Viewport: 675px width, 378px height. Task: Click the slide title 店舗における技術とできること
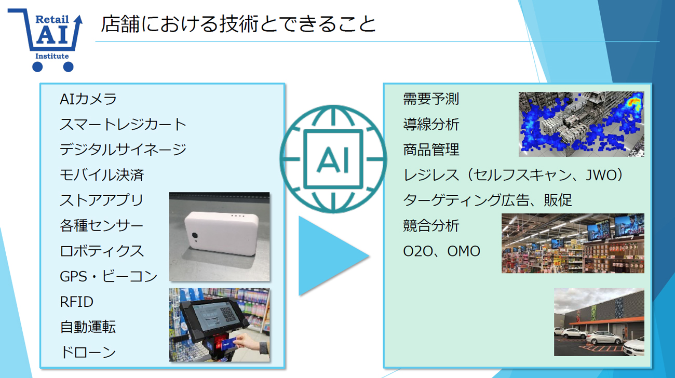pyautogui.click(x=238, y=24)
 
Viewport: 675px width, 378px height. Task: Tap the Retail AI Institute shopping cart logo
pyautogui.click(x=45, y=40)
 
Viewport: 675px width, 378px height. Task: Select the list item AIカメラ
pyautogui.click(x=88, y=99)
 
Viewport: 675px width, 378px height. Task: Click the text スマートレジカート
pyautogui.click(x=123, y=124)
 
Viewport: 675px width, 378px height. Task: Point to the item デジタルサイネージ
pyautogui.click(x=123, y=150)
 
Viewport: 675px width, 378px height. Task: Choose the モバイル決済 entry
pyautogui.click(x=102, y=175)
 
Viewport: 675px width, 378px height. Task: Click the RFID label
pyautogui.click(x=76, y=302)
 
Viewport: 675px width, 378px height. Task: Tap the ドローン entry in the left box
pyautogui.click(x=88, y=352)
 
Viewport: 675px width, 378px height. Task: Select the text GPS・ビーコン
pyautogui.click(x=109, y=276)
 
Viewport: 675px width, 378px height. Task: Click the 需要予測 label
pyautogui.click(x=431, y=99)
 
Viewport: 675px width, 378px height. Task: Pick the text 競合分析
pyautogui.click(x=431, y=225)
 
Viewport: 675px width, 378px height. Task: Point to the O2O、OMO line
pyautogui.click(x=442, y=251)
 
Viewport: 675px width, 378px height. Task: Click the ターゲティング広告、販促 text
pyautogui.click(x=487, y=200)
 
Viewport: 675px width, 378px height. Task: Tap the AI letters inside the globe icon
pyautogui.click(x=333, y=160)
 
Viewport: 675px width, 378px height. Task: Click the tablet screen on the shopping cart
pyautogui.click(x=214, y=316)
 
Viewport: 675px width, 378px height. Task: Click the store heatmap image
pyautogui.click(x=582, y=124)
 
